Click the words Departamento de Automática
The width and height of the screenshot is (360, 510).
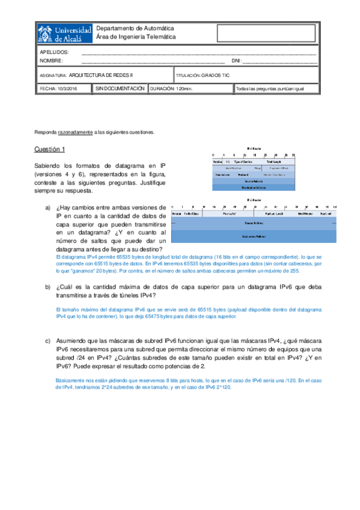[135, 28]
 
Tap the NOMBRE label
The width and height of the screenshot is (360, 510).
[51, 61]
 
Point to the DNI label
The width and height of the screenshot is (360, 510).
[236, 61]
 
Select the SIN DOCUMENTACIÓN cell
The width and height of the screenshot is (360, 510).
[120, 88]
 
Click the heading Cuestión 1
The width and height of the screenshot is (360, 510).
[49, 149]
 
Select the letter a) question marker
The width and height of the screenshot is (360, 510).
[47, 207]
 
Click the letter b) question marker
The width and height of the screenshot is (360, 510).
[47, 287]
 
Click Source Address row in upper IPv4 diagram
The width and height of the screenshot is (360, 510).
[253, 180]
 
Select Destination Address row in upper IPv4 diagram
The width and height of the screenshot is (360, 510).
[253, 187]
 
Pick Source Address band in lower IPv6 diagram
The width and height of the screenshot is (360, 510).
[253, 223]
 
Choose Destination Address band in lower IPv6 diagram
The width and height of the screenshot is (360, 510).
[253, 236]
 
